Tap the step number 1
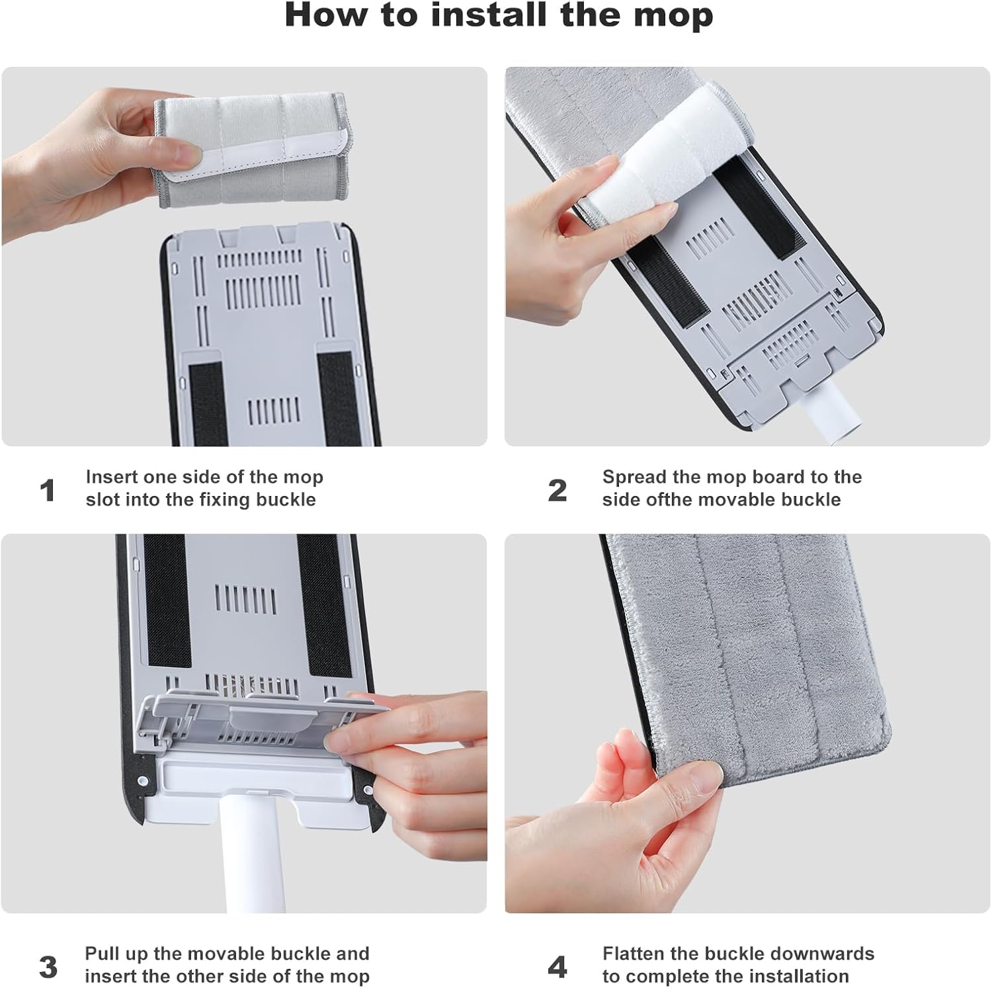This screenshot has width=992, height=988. point(47,491)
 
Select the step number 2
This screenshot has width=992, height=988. point(558,491)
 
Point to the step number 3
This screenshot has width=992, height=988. point(48,967)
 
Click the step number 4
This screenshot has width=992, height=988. point(558,967)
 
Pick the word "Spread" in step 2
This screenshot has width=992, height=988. point(634,477)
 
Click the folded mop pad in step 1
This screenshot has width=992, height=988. point(251,150)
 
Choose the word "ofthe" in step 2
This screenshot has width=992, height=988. point(669,499)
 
